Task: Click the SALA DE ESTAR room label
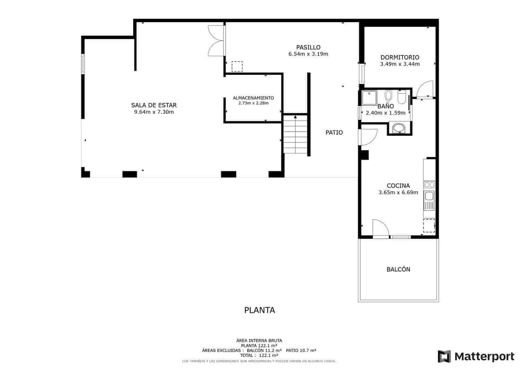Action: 154,105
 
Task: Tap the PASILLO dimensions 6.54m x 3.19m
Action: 308,54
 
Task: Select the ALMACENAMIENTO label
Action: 253,98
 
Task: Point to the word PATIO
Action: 334,132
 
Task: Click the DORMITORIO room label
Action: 400,58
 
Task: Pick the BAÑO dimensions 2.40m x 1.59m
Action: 385,113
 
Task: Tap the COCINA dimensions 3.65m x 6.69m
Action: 398,192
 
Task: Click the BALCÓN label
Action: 398,269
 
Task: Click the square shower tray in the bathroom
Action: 369,97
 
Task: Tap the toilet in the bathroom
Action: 401,97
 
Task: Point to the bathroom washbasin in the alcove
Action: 399,128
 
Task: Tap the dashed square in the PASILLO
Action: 237,66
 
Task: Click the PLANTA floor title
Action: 259,310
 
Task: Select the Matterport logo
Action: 476,356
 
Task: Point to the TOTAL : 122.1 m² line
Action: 259,355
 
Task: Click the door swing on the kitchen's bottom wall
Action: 380,229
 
